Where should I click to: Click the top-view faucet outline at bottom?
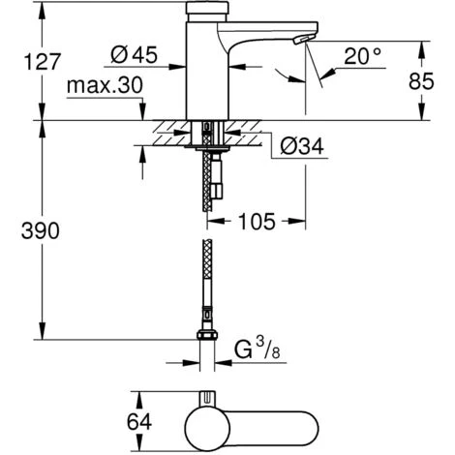252,422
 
